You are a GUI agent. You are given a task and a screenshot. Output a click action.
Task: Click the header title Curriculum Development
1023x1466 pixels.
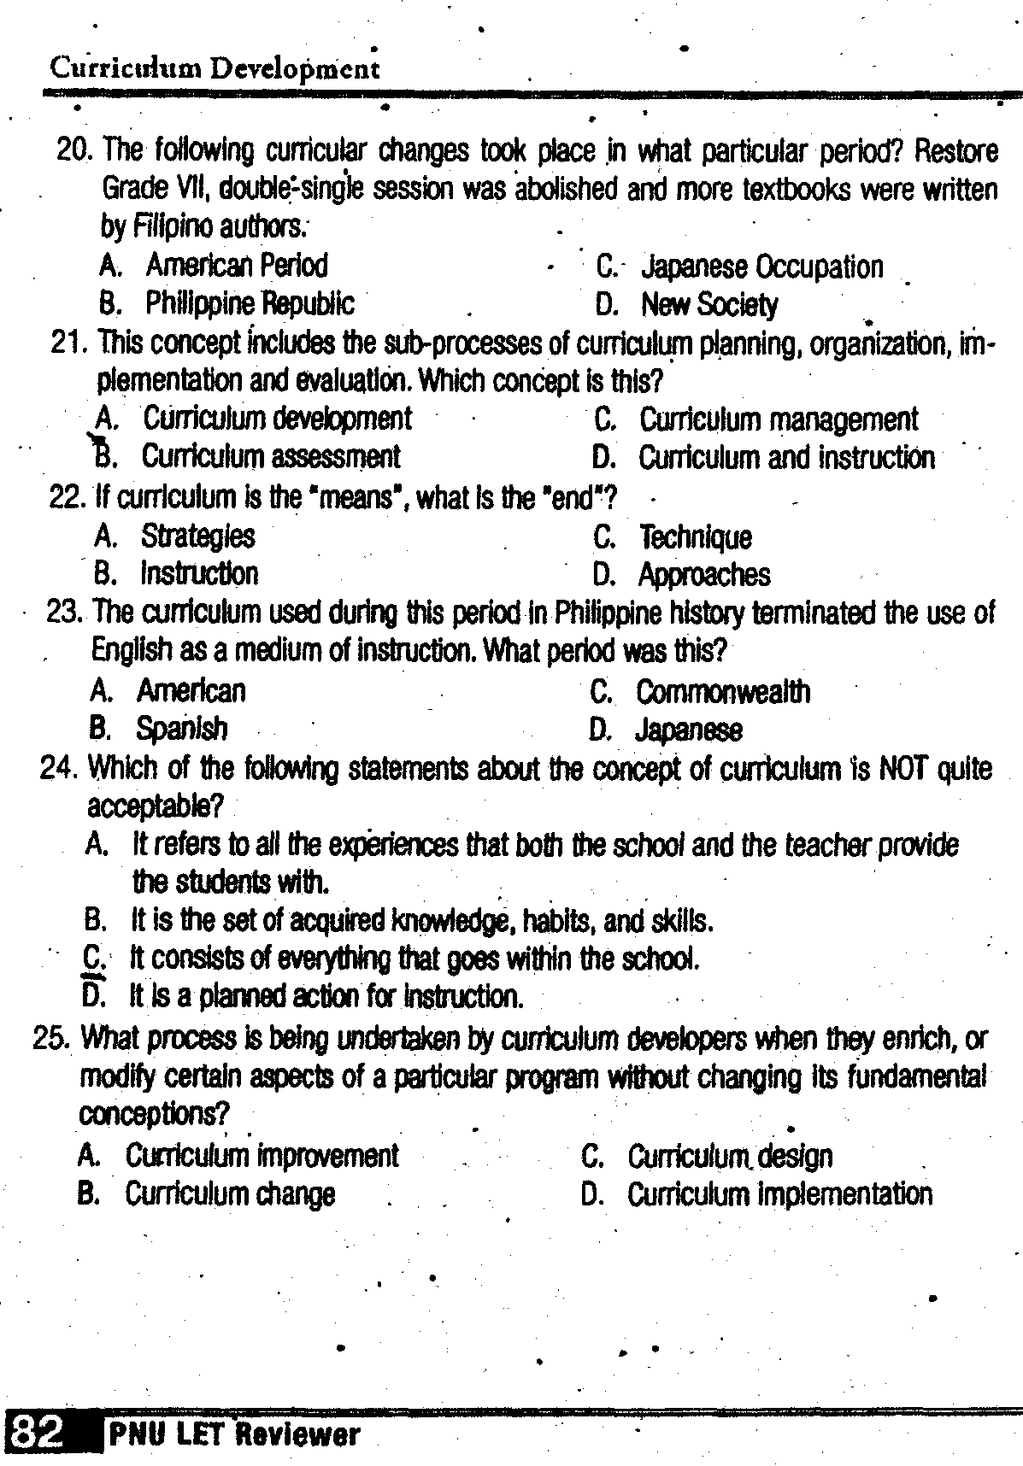[215, 67]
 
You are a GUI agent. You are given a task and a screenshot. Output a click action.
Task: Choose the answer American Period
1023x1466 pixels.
[237, 266]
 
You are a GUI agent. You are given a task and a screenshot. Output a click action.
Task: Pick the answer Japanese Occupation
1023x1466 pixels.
[761, 267]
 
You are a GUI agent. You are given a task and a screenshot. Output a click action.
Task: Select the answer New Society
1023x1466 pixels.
[709, 305]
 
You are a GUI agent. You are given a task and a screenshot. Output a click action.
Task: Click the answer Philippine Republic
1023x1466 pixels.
[249, 303]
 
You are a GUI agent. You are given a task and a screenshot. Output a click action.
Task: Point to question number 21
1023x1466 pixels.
[70, 343]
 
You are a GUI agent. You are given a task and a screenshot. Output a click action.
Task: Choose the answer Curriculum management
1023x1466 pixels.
[779, 419]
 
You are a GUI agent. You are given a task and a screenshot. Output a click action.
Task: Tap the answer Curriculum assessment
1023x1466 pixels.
[270, 457]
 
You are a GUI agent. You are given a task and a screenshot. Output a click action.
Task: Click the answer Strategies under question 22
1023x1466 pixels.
[197, 537]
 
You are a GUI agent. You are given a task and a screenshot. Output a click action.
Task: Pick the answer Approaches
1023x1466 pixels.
[704, 575]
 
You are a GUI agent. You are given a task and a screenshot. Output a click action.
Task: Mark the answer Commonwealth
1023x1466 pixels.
[723, 691]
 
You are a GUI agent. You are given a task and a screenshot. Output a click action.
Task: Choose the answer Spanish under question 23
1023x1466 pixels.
[182, 729]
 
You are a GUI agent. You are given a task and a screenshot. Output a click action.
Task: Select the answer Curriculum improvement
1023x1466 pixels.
[262, 1156]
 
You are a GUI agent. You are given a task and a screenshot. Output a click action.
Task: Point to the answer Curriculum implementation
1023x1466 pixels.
[779, 1193]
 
